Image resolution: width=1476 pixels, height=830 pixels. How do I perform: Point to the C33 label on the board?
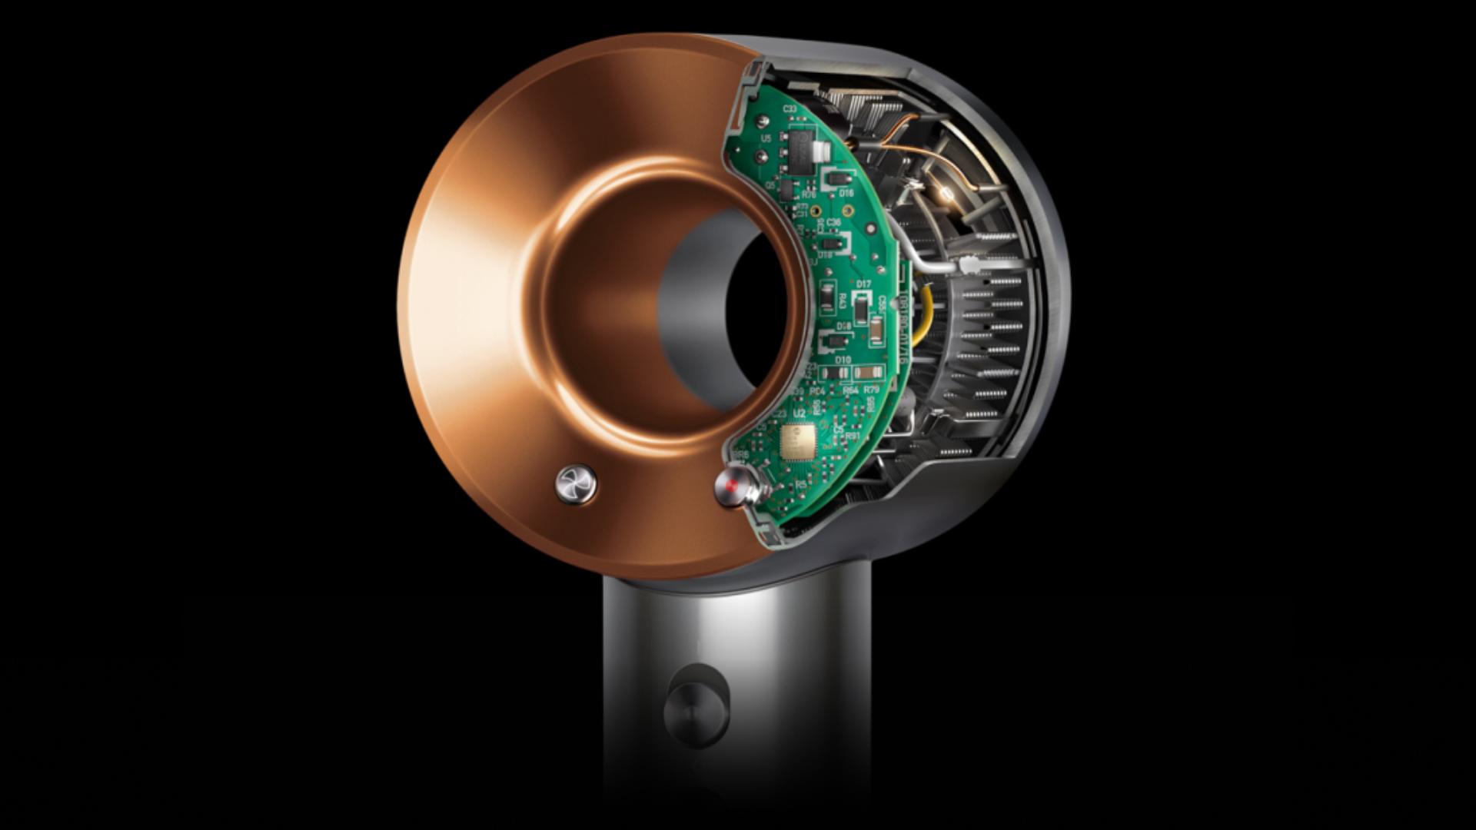pyautogui.click(x=790, y=109)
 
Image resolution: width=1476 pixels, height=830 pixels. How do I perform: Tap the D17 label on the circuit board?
pyautogui.click(x=863, y=284)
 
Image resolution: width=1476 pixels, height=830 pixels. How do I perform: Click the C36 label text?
pyautogui.click(x=833, y=221)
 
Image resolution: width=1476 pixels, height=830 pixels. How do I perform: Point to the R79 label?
pyautogui.click(x=871, y=390)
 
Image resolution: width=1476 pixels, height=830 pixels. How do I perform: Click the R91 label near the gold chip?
pyautogui.click(x=852, y=436)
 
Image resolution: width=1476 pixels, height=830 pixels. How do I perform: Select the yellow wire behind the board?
pyautogui.click(x=927, y=315)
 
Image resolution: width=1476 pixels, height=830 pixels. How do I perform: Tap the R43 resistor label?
pyautogui.click(x=843, y=301)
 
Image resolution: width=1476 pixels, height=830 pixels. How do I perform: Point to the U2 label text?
pyautogui.click(x=799, y=413)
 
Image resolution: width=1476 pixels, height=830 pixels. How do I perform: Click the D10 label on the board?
pyautogui.click(x=843, y=360)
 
